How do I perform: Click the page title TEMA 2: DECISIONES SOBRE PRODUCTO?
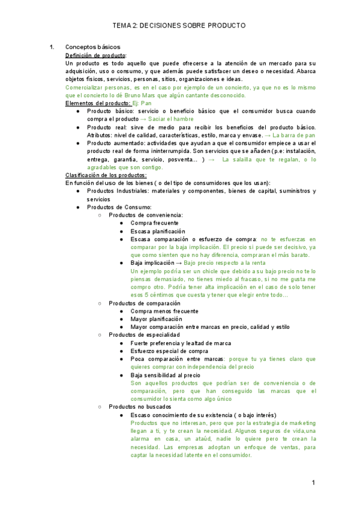179,26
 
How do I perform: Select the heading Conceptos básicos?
93,47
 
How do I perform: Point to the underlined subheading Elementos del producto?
97,103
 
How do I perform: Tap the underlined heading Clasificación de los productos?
101,175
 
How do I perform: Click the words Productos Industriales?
113,191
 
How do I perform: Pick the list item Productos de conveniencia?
146,215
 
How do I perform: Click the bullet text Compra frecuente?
154,223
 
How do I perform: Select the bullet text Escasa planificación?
158,231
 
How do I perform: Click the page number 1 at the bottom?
313,483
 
